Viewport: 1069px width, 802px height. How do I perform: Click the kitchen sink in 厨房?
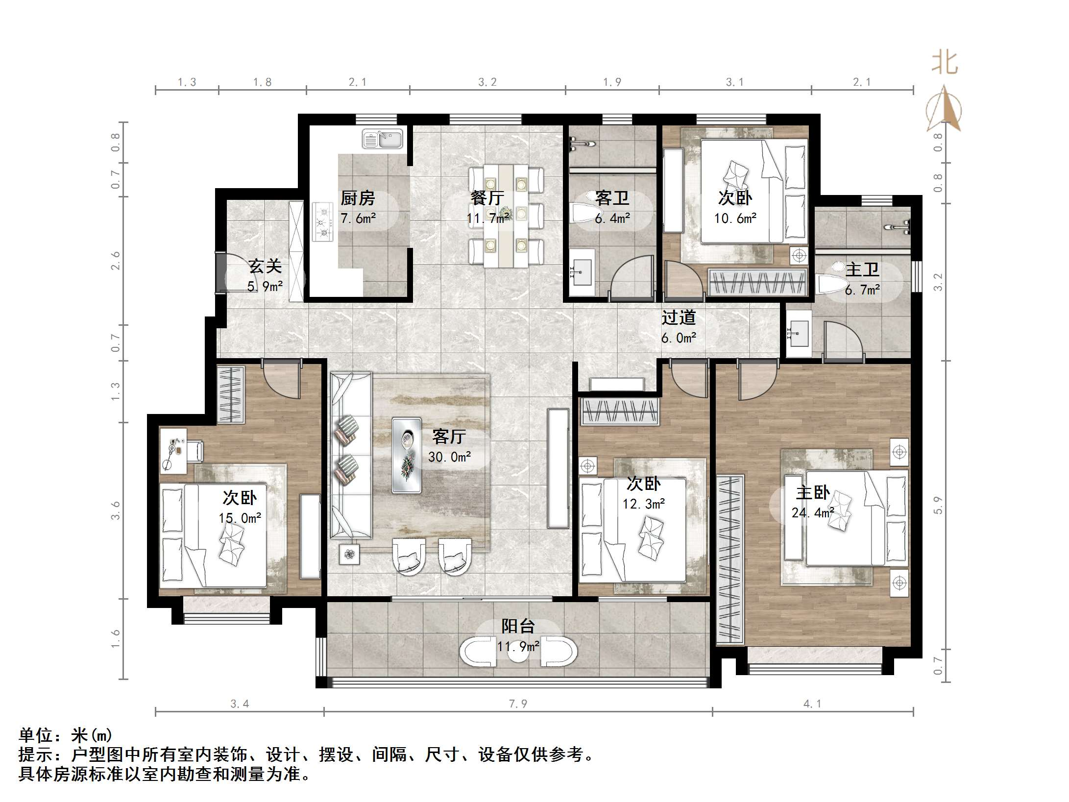pos(382,139)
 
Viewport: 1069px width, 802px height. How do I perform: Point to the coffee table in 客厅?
pos(406,455)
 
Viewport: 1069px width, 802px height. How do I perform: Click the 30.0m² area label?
pos(449,457)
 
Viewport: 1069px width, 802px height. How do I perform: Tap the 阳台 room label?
pos(517,626)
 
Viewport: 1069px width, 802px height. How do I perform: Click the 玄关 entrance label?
pos(265,267)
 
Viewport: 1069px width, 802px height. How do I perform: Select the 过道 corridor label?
pos(679,318)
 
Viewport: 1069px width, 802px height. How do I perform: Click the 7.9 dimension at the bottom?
pos(518,704)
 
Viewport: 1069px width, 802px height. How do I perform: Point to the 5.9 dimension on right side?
pos(938,505)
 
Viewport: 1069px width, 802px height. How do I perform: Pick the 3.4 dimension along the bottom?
pos(240,704)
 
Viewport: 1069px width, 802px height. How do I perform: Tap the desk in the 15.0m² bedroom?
pos(173,450)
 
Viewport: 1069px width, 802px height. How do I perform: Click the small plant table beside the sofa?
pos(349,555)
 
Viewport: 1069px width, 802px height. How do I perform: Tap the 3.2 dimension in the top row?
pos(487,82)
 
